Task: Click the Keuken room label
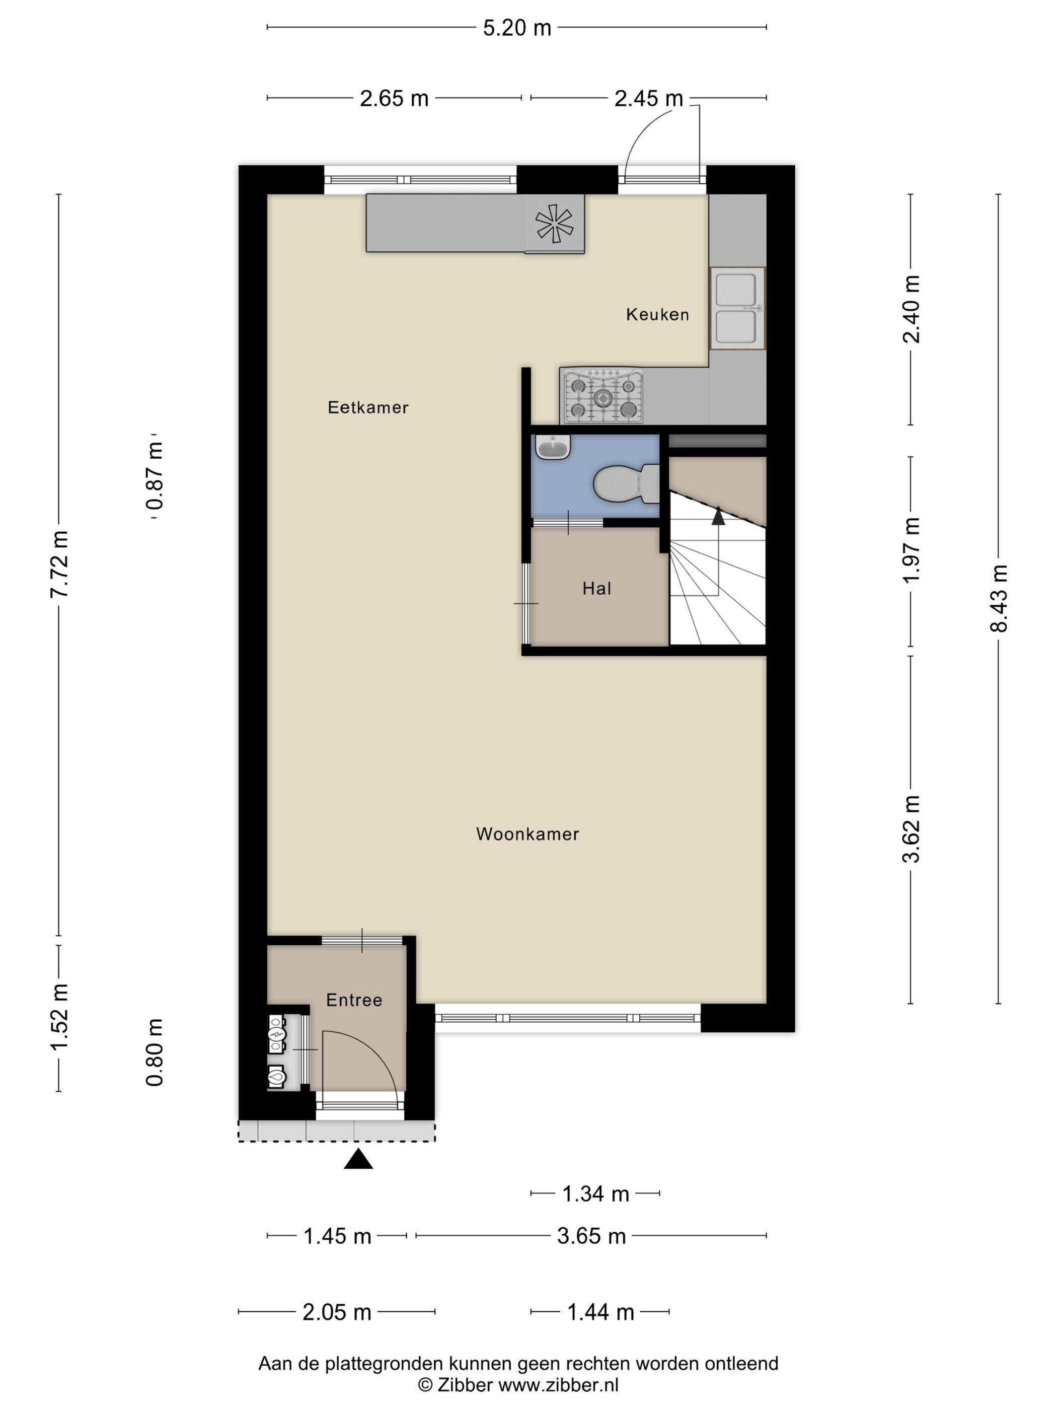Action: pyautogui.click(x=657, y=314)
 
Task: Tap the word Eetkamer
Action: pyautogui.click(x=368, y=407)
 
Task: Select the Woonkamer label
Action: pyautogui.click(x=527, y=834)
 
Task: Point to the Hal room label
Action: pyautogui.click(x=597, y=588)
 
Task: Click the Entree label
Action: pyautogui.click(x=354, y=1000)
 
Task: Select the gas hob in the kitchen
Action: pyautogui.click(x=602, y=396)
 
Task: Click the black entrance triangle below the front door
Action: pyautogui.click(x=358, y=1159)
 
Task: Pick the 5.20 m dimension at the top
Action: pyautogui.click(x=517, y=28)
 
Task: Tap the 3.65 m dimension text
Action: pyautogui.click(x=591, y=1236)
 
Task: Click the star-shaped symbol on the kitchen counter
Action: pyautogui.click(x=554, y=223)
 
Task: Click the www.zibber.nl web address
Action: pyautogui.click(x=558, y=1384)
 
